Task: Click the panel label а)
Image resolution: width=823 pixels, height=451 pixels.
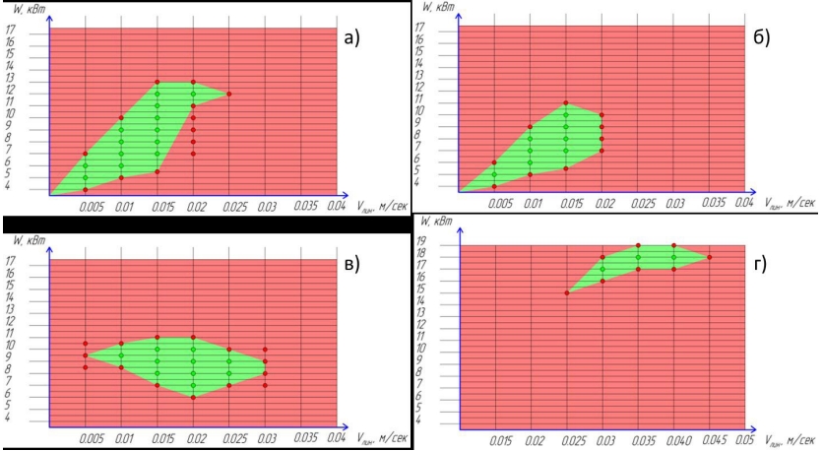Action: pos(351,38)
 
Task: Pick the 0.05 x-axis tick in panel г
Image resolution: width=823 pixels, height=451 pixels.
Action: pos(744,438)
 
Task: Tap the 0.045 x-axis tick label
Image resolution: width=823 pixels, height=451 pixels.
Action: pos(709,438)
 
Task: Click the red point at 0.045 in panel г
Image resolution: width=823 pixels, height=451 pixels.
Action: pos(709,257)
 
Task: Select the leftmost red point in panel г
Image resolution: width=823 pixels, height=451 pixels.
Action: pos(568,292)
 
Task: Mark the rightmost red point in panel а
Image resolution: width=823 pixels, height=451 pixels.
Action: pos(228,95)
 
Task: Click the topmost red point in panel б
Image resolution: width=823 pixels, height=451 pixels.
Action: pos(566,103)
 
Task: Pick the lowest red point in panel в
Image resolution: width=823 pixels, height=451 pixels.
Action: pos(193,397)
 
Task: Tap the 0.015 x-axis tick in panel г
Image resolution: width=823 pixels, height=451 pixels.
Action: pos(497,438)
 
